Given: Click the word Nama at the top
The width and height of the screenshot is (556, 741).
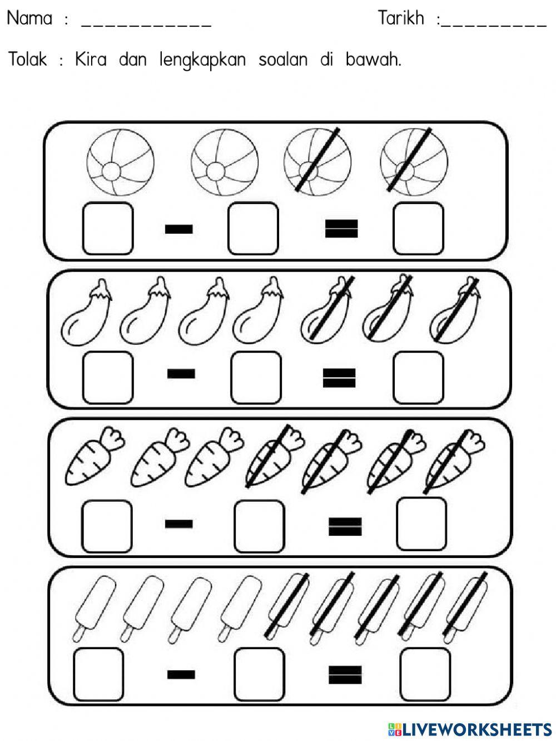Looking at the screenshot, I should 29,18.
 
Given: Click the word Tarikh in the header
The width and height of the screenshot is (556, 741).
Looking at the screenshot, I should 401,18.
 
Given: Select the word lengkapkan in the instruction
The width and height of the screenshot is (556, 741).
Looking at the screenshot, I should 202,60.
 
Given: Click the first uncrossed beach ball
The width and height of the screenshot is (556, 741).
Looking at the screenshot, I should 120,162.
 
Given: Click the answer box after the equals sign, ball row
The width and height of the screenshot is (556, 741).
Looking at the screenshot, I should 418,228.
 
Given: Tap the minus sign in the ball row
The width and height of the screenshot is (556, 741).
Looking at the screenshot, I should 179,229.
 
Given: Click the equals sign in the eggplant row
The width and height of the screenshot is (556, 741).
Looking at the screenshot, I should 339,378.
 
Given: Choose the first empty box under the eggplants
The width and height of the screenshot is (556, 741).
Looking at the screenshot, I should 108,377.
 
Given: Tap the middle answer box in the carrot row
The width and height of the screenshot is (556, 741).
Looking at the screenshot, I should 259,526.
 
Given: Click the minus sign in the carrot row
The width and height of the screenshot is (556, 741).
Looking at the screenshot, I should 179,523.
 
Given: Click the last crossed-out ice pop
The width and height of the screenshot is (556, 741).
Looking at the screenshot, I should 465,606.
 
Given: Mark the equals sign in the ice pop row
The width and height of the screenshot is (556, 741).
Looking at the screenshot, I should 345,675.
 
